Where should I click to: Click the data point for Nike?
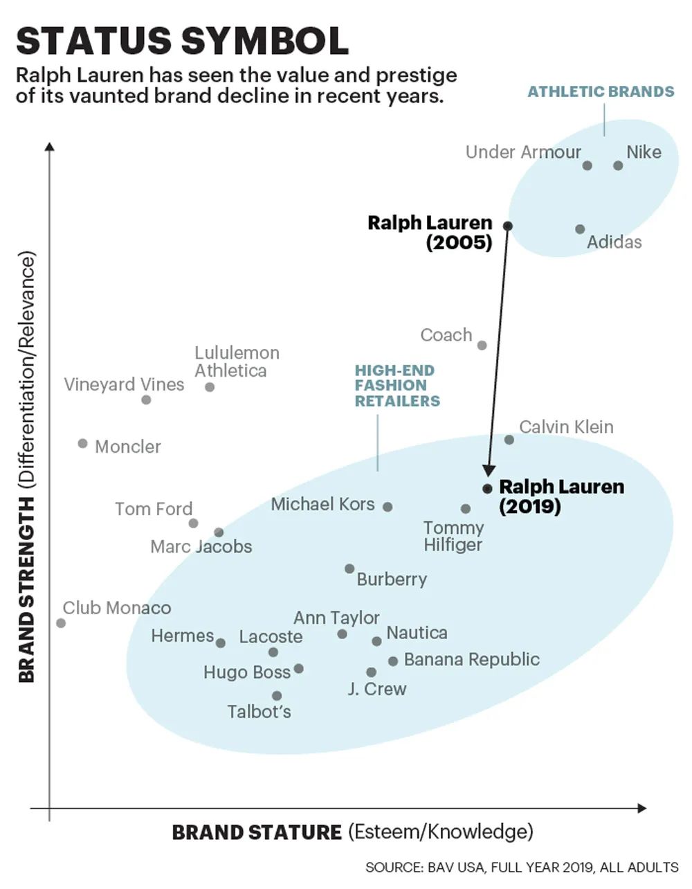pos(618,165)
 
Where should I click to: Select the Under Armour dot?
pos(588,165)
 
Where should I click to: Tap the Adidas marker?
pos(580,229)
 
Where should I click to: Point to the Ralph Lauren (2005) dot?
pos(508,226)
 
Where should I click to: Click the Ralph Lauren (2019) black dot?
pos(487,488)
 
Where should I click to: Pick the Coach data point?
pos(482,345)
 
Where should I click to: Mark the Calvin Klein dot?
pos(509,440)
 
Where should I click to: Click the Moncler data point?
pos(83,443)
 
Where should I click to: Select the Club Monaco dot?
pos(61,623)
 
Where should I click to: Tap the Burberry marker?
pos(349,569)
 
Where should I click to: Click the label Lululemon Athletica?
pos(237,362)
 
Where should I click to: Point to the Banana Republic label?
pos(471,659)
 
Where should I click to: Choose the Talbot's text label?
pos(259,712)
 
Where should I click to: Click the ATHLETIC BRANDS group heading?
pos(601,91)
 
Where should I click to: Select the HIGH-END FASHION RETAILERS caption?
pos(397,386)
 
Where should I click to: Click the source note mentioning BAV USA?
pos(522,868)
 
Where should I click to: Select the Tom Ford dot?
pos(193,523)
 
